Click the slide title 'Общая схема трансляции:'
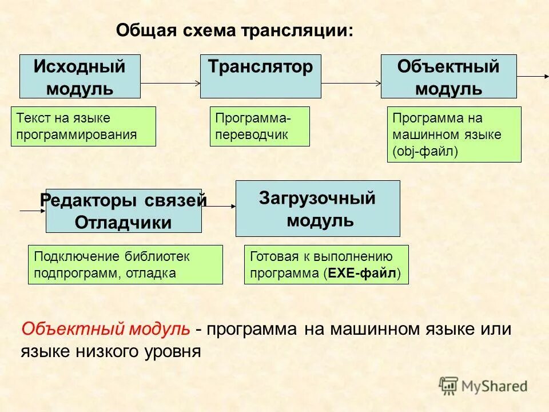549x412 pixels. pyautogui.click(x=234, y=30)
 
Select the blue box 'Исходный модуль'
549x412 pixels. pyautogui.click(x=79, y=77)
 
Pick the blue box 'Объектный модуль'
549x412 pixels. pyautogui.click(x=448, y=77)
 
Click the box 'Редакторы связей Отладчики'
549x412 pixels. pyautogui.click(x=124, y=211)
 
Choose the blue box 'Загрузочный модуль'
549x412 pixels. pyautogui.click(x=317, y=208)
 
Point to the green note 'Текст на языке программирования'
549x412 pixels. pyautogui.click(x=83, y=126)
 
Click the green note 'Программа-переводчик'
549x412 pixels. pyautogui.click(x=260, y=126)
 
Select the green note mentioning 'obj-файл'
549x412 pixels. pyautogui.click(x=454, y=134)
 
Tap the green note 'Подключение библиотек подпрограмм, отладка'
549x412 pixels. pyautogui.click(x=125, y=264)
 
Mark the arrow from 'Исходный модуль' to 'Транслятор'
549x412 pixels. pyautogui.click(x=170, y=83)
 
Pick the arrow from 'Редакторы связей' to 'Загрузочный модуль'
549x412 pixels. pyautogui.click(x=218, y=207)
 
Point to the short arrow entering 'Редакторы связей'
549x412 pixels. pyautogui.click(x=33, y=211)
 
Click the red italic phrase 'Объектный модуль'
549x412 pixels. pyautogui.click(x=106, y=329)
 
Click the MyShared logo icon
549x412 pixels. pyautogui.click(x=449, y=385)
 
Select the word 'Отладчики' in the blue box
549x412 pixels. pyautogui.click(x=123, y=223)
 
